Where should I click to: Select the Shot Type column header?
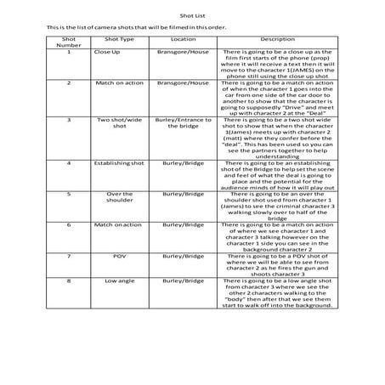(119, 39)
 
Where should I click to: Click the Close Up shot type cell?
(119, 52)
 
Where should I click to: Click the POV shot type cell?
(119, 254)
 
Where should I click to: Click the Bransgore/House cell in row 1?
(188, 52)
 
